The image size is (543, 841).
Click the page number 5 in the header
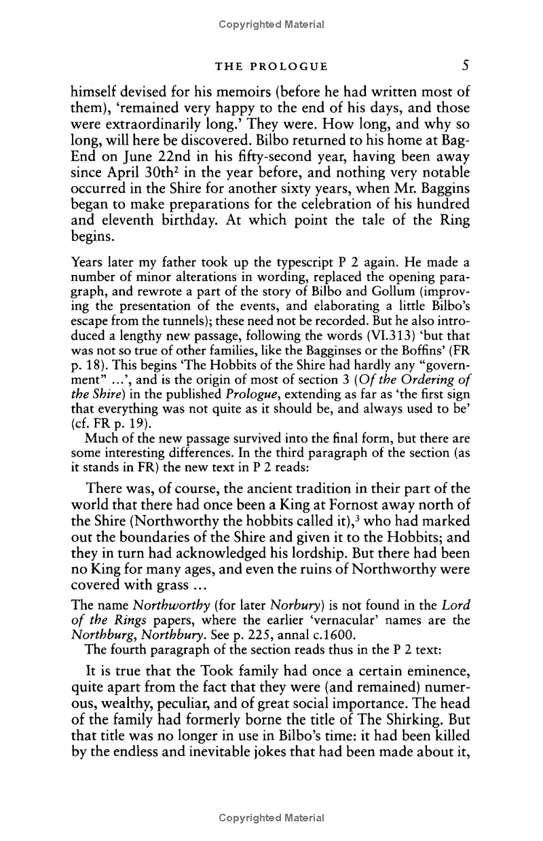465,66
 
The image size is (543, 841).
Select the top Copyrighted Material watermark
271,24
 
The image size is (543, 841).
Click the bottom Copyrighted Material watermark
271,818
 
